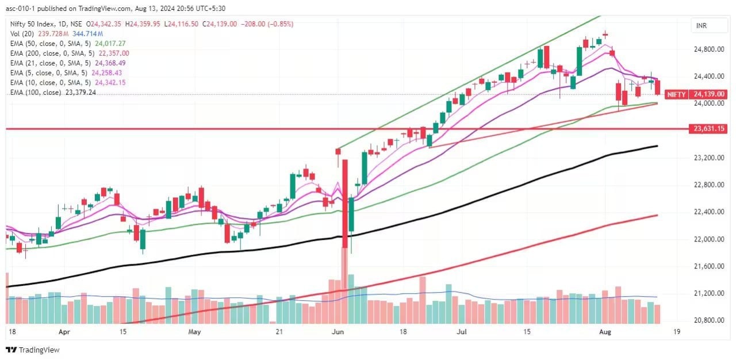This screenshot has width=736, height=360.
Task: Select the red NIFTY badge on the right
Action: coord(676,94)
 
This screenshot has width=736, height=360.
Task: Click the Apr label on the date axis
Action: coord(64,332)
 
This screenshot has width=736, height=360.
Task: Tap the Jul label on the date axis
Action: coord(461,332)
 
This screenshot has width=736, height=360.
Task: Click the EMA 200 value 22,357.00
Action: coord(113,53)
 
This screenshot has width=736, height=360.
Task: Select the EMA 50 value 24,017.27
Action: coord(109,43)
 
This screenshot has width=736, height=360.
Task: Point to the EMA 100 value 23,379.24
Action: coord(80,92)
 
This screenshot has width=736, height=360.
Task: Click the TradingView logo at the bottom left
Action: coord(33,350)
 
